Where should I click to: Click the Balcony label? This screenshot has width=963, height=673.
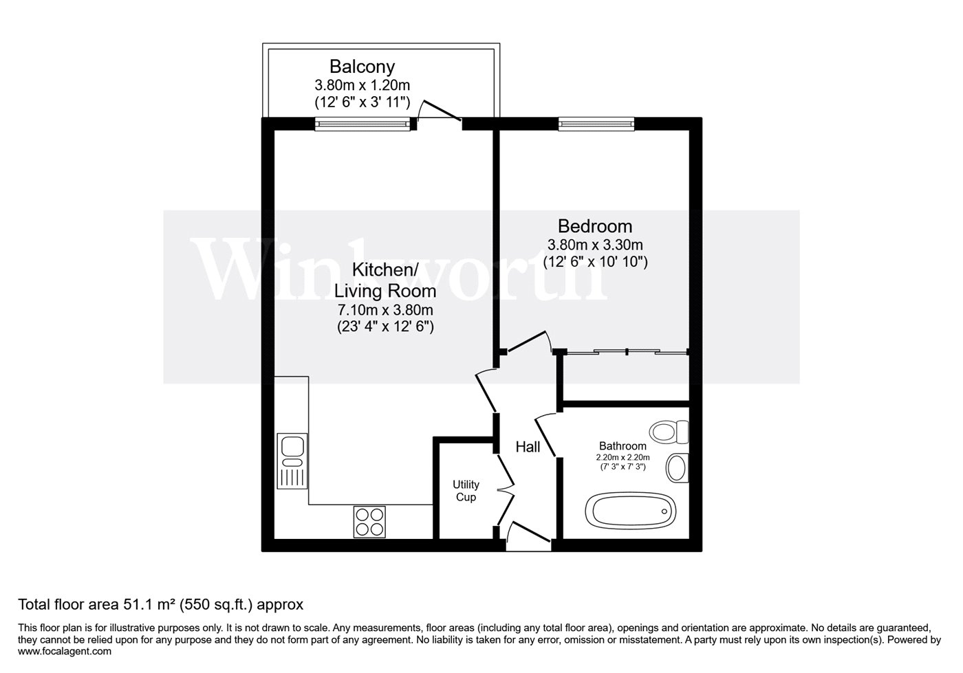click(362, 67)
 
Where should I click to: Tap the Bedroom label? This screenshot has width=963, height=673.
click(595, 225)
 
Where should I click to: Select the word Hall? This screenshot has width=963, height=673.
click(528, 447)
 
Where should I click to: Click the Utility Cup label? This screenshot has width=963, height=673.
click(466, 491)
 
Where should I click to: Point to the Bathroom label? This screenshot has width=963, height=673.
click(622, 445)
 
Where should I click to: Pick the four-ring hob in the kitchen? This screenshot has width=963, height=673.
click(370, 522)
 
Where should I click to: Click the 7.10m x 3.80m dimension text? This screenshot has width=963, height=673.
click(384, 310)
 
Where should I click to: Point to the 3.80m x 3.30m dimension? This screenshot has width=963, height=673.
click(595, 244)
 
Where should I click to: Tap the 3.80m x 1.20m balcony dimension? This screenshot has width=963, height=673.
click(362, 86)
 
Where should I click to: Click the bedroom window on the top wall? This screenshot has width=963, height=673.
click(596, 124)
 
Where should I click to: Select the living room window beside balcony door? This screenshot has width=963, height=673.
click(362, 124)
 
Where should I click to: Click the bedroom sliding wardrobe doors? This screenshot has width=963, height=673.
click(626, 353)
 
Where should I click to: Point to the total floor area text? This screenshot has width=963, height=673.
click(160, 605)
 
